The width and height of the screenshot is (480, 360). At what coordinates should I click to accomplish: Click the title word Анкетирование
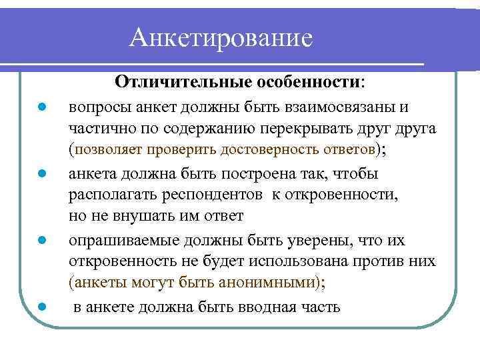tap(221, 37)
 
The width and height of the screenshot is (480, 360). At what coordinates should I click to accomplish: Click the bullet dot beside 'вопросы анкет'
tap(41, 107)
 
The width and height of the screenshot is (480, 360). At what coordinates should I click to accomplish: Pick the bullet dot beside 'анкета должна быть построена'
tap(41, 174)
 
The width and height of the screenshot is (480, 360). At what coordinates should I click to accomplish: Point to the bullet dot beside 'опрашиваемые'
tap(41, 240)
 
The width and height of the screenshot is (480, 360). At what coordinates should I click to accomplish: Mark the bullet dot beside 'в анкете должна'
tap(41, 307)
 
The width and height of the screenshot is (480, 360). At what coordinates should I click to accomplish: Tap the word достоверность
tap(281, 151)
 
